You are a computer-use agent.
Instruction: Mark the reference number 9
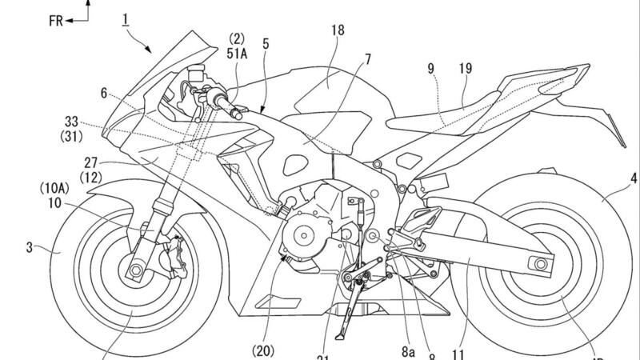pyautogui.click(x=433, y=70)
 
